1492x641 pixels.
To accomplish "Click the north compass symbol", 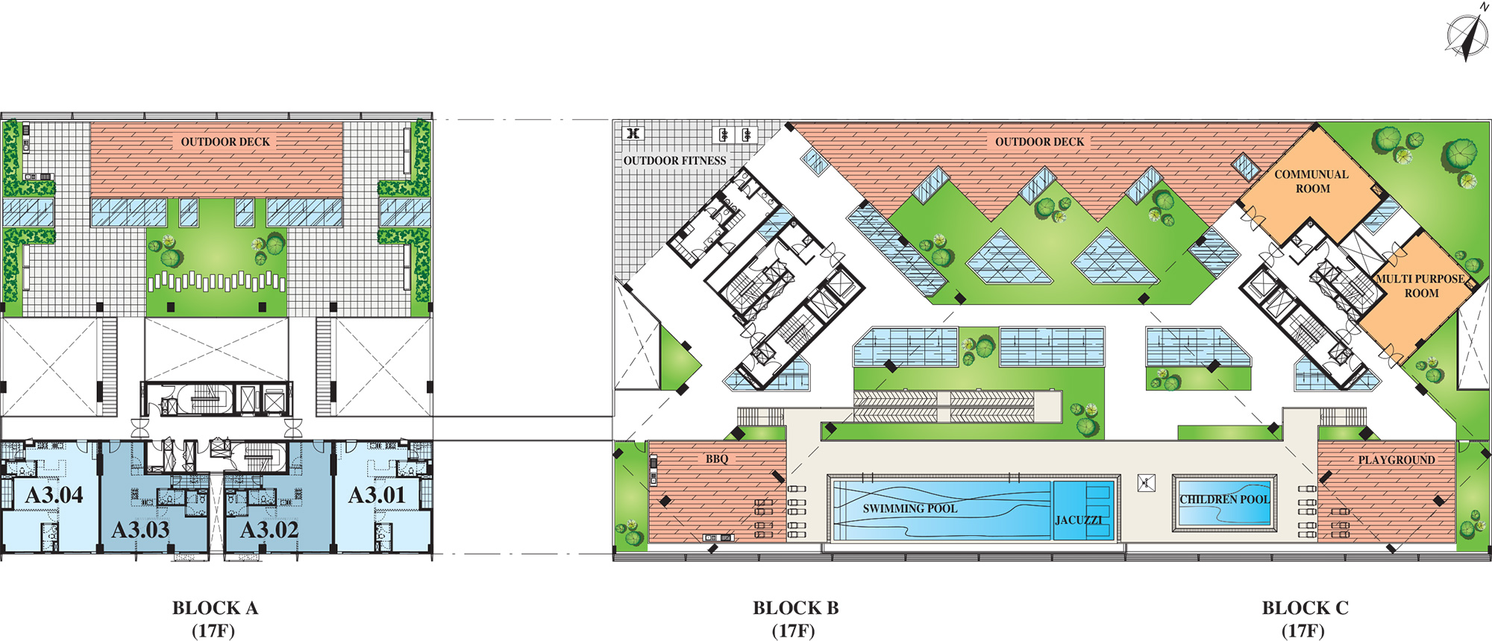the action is coord(1465,32).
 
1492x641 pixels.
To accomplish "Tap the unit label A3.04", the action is coord(54,495).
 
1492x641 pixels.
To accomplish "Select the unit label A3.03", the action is coord(141,530).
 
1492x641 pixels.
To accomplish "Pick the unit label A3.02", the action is coord(269,530).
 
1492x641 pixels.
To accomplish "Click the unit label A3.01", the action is coord(377,495).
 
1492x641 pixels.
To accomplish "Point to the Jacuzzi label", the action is coord(1079,520).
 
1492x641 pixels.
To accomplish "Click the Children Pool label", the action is coord(1224,499).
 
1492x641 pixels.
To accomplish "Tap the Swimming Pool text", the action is coord(910,508).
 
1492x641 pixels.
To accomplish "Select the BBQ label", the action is coord(717,459).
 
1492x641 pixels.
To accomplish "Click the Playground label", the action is coord(1397,460).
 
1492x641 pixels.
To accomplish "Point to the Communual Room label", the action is coord(1312,181).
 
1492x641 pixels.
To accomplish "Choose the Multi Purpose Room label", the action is coord(1421,285).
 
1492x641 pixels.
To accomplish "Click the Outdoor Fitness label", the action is coord(675,160).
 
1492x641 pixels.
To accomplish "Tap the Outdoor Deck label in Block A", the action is coord(225,142).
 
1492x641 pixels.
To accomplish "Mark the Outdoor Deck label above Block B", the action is coord(1040,142).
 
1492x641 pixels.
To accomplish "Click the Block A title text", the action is coord(215,619).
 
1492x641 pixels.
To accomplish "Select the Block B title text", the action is coord(795,619).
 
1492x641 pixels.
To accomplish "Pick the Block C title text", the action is coord(1305,619).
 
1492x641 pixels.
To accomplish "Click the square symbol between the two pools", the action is coord(1147,483).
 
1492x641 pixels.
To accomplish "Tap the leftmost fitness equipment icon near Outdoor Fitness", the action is coord(633,133).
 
